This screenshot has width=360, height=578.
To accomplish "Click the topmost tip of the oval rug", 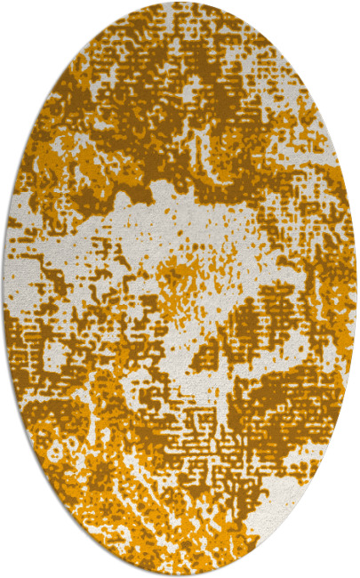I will coord(180,3).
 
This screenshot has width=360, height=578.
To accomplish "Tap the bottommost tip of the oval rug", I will coord(180,575).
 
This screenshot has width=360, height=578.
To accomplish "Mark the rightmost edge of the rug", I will coord(356,289).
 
